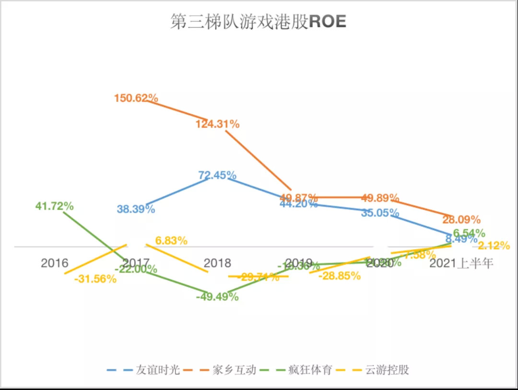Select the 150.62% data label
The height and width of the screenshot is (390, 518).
136,98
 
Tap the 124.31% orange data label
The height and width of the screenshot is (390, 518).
217,124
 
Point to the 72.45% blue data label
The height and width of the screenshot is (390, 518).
217,175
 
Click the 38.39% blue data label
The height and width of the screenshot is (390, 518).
136,209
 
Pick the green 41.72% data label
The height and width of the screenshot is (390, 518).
54,206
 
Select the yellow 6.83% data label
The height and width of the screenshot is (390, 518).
171,241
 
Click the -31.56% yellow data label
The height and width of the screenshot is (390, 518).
95,279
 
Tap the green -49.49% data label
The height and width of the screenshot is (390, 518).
217,297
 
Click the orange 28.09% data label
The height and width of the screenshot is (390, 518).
461,220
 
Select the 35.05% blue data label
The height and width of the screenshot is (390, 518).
380,213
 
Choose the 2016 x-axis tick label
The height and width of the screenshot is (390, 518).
55,263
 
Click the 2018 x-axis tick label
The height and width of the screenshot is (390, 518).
217,263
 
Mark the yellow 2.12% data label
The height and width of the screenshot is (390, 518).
494,246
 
